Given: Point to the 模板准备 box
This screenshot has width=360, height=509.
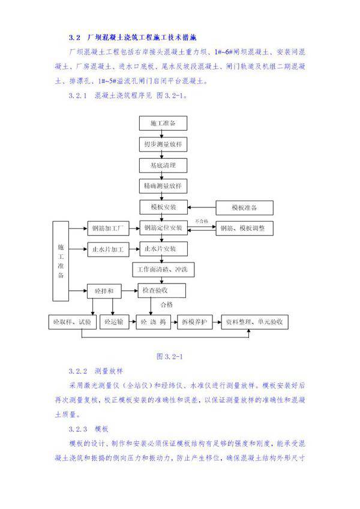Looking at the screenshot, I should [244, 207].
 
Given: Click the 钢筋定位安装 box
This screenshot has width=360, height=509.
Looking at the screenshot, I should [163, 228].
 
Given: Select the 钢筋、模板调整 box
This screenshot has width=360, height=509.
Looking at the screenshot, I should [244, 228].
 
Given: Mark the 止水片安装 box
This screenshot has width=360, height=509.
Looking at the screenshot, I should [163, 249].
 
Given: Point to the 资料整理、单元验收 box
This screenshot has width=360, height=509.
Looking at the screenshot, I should [256, 323].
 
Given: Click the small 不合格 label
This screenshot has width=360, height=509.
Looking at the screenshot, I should [202, 221].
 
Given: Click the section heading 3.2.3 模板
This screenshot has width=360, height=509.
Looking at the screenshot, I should [88, 429].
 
